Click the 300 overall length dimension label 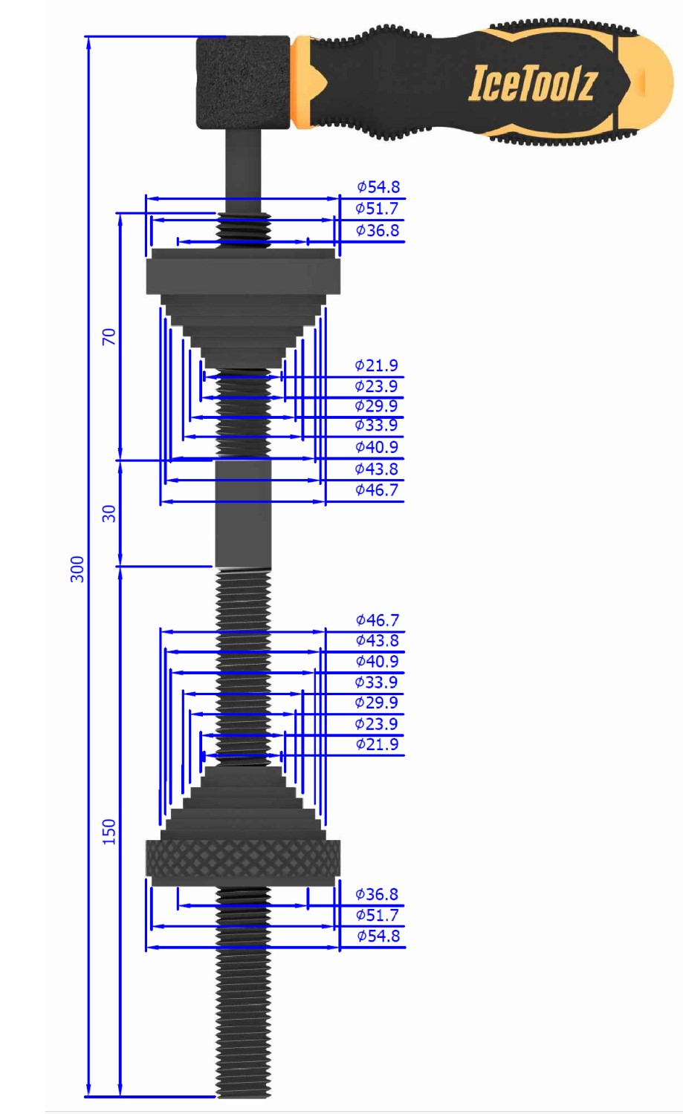pos(77,569)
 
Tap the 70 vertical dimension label pos(109,336)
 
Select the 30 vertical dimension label pos(109,514)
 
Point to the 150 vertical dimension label pos(109,832)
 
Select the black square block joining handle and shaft pos(243,82)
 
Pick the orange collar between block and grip pos(302,82)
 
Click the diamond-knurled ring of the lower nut pos(243,858)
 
